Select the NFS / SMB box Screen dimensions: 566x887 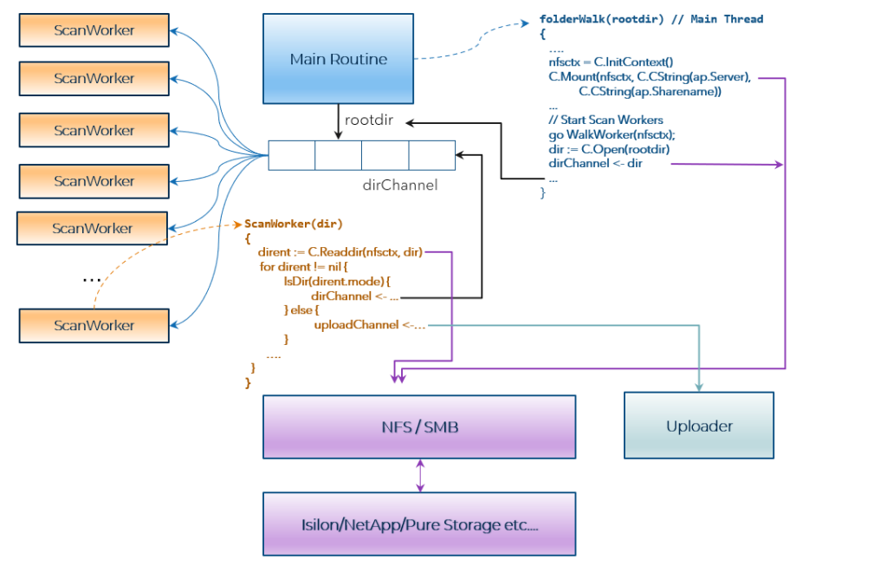(420, 426)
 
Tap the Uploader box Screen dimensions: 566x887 (699, 426)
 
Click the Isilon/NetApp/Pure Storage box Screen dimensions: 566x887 (420, 524)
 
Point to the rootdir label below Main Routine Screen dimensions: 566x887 (370, 120)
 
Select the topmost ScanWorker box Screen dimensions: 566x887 (94, 30)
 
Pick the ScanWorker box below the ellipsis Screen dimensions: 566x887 (94, 325)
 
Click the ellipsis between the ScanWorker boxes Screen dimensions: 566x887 (91, 279)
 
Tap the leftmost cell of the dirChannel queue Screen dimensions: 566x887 (291, 155)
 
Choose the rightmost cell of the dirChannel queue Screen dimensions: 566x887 (431, 155)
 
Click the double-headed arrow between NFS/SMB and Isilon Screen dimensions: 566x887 (420, 475)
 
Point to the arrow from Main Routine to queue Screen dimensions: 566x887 (338, 122)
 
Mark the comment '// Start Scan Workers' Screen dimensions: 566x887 (605, 120)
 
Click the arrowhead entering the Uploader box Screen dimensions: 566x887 (699, 387)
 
